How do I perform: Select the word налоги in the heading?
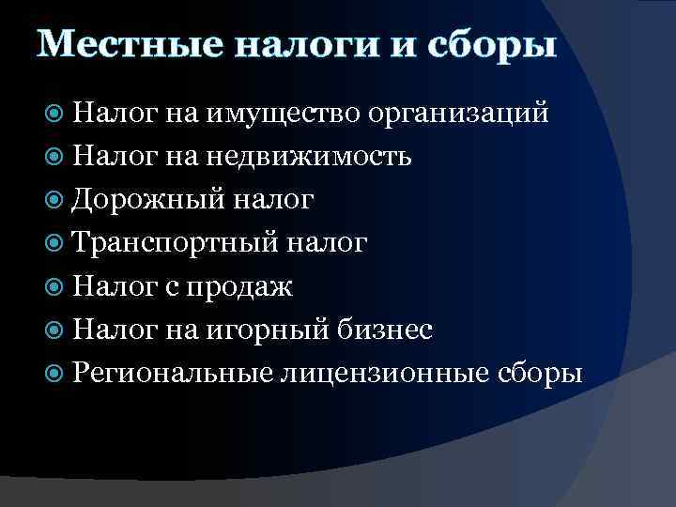pyautogui.click(x=312, y=44)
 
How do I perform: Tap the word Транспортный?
pyautogui.click(x=176, y=242)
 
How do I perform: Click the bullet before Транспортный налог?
pyautogui.click(x=54, y=242)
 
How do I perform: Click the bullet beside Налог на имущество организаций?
pyautogui.click(x=54, y=113)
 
